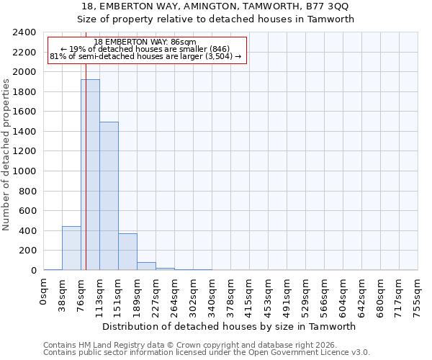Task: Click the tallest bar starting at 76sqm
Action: point(90,175)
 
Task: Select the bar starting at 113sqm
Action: point(109,196)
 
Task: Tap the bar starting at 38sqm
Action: point(71,248)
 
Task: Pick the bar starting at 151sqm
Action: point(127,252)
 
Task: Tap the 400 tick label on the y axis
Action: point(28,231)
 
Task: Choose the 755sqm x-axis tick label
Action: point(418,295)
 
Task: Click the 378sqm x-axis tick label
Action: point(230,295)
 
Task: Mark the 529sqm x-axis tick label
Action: point(305,295)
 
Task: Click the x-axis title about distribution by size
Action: point(230,326)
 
